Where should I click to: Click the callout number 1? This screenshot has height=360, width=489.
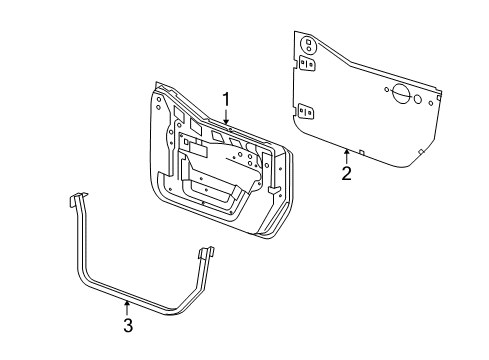pos(227,99)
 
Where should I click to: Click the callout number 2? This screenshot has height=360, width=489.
pos(346,173)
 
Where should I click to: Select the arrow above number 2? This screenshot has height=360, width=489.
pos(346,153)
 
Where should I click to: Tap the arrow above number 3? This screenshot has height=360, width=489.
pos(127,303)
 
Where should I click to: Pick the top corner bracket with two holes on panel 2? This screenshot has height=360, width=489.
pos(308,44)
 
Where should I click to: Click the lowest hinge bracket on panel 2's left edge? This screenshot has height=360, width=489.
pos(309,111)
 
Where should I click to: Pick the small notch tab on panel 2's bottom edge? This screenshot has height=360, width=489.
pos(363,152)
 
